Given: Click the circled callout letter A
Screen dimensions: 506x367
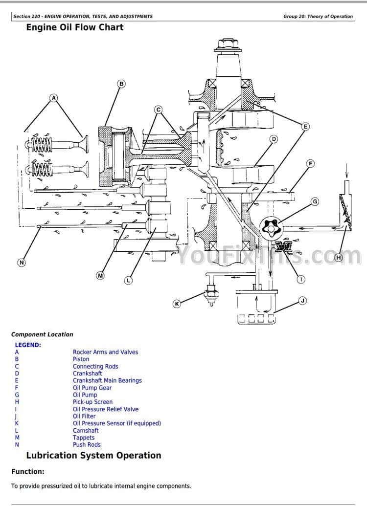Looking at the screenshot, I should (54, 98).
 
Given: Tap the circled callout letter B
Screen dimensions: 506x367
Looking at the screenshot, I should (121, 84).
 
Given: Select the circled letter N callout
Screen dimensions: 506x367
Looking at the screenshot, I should (21, 263).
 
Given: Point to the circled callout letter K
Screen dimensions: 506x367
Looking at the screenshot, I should (177, 304).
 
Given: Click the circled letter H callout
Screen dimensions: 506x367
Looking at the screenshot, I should (338, 257).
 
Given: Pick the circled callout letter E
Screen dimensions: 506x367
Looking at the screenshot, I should (305, 127).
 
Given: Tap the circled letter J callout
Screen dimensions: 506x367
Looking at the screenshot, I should (302, 301).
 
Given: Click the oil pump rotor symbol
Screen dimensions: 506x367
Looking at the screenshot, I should (273, 228).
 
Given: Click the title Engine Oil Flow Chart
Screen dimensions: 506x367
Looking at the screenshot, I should (74, 27).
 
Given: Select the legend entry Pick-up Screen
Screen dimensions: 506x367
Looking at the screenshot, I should (92, 402).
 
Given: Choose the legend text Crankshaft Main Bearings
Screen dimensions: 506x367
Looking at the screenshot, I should (107, 380).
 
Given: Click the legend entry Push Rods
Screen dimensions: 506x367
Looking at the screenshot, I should (87, 444).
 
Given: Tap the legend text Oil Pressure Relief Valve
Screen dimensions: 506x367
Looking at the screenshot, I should (106, 409).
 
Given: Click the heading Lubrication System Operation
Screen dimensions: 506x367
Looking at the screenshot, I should (93, 455).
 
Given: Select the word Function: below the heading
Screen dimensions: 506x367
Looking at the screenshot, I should (27, 472).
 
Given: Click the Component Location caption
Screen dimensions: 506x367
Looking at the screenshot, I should (42, 334).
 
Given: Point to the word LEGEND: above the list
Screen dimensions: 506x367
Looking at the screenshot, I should (28, 345).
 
